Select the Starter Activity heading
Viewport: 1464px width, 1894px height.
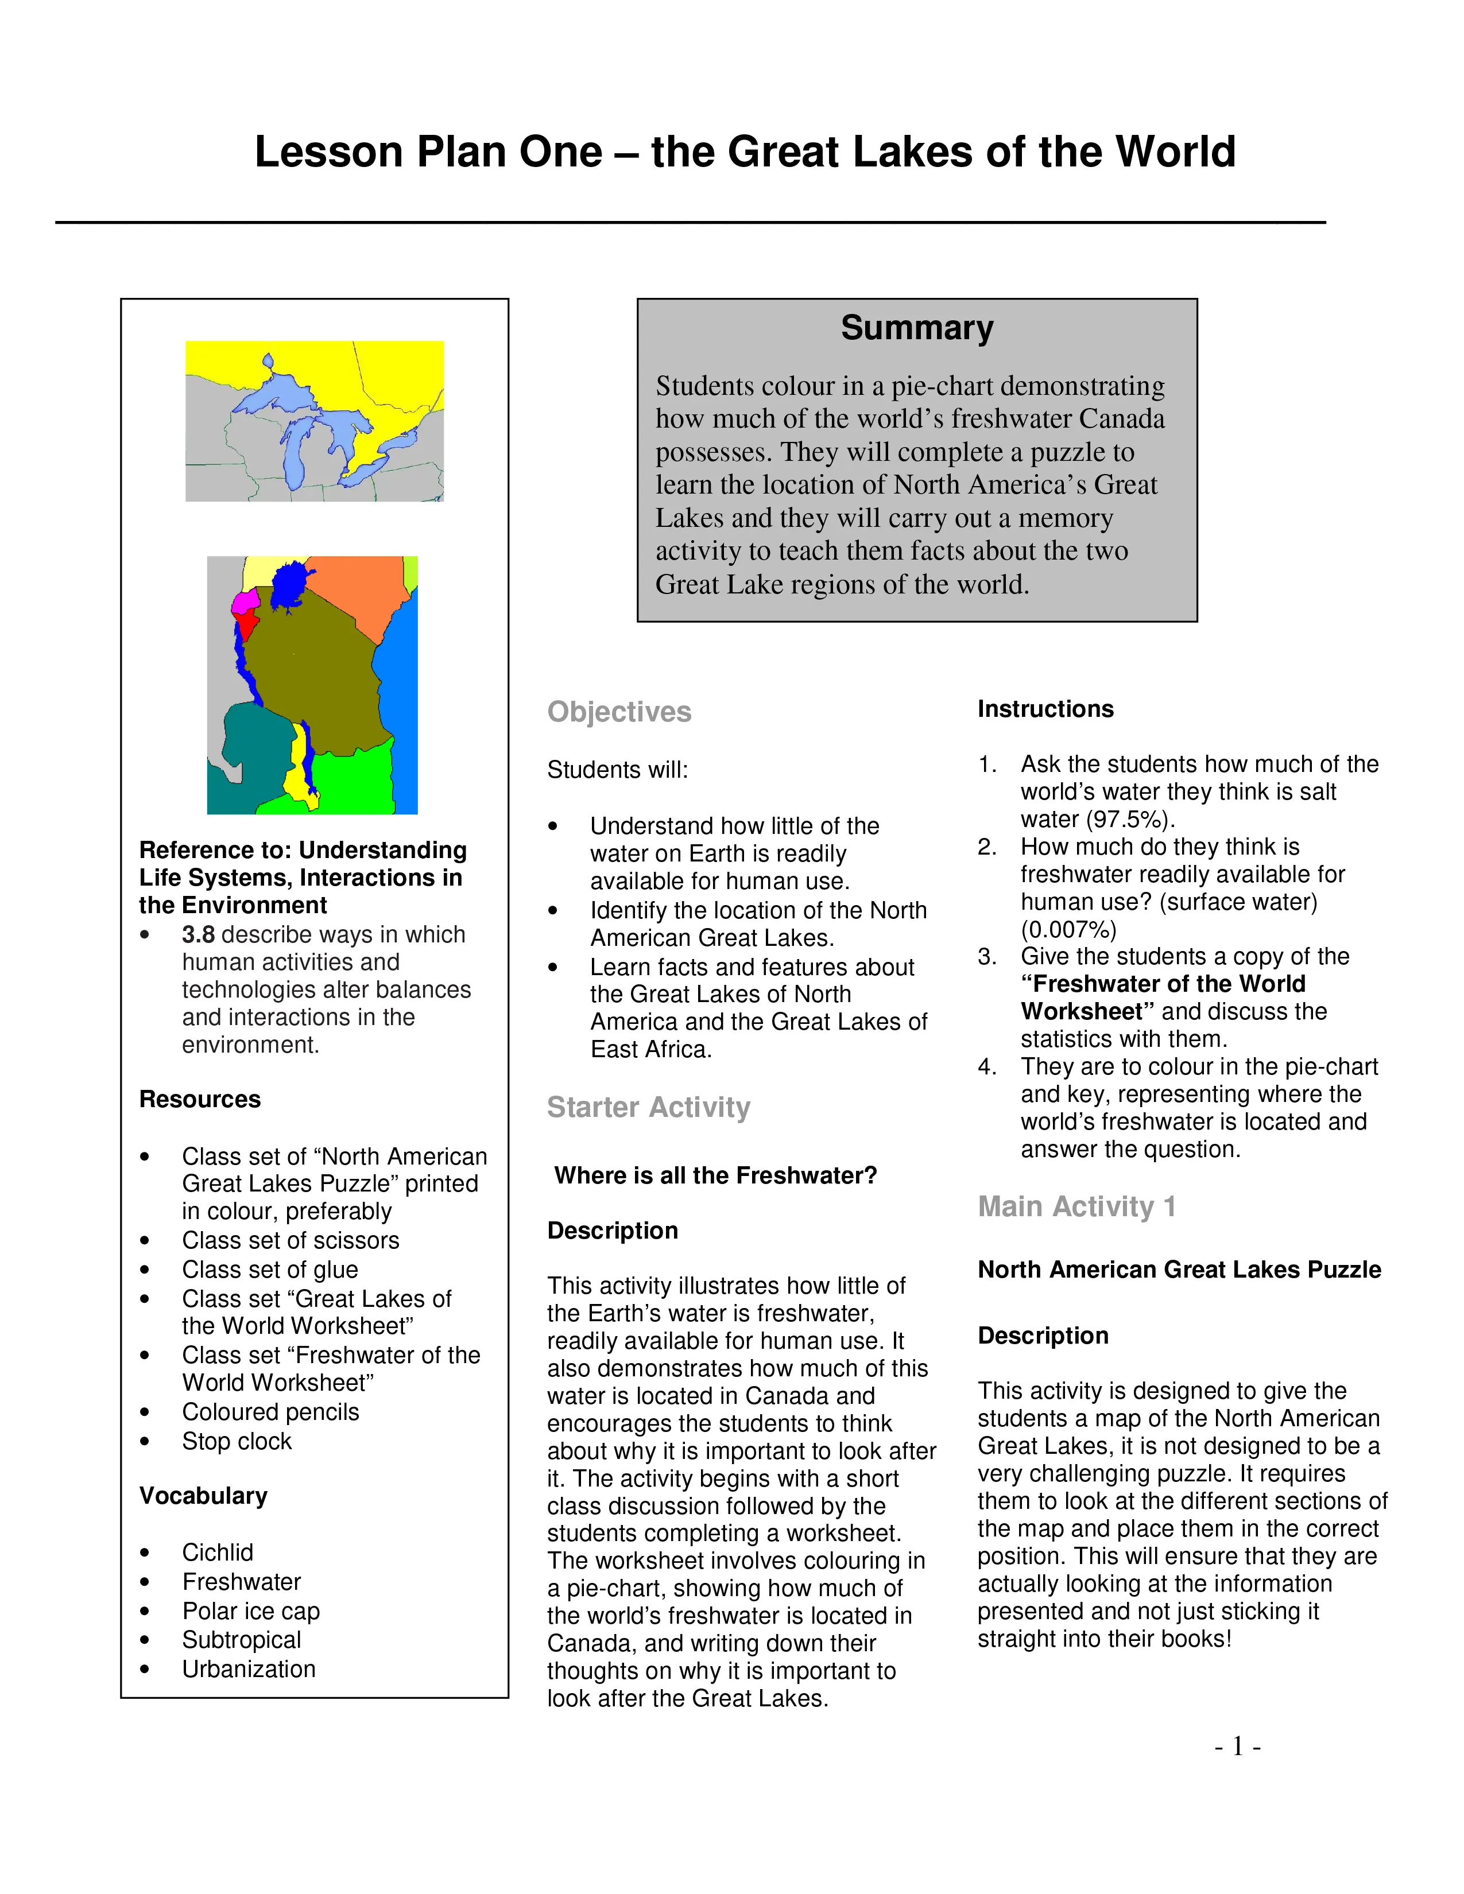(x=648, y=1108)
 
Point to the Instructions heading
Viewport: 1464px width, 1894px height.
(x=1044, y=709)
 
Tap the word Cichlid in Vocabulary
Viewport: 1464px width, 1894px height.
(x=217, y=1553)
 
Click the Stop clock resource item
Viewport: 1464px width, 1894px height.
(x=236, y=1441)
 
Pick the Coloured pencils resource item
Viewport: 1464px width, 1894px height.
(x=270, y=1412)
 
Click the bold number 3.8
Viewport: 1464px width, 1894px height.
(x=197, y=935)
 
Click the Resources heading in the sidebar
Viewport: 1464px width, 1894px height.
(x=199, y=1100)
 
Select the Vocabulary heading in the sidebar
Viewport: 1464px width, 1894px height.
(x=203, y=1496)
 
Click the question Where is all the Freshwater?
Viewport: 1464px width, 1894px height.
(x=715, y=1176)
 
